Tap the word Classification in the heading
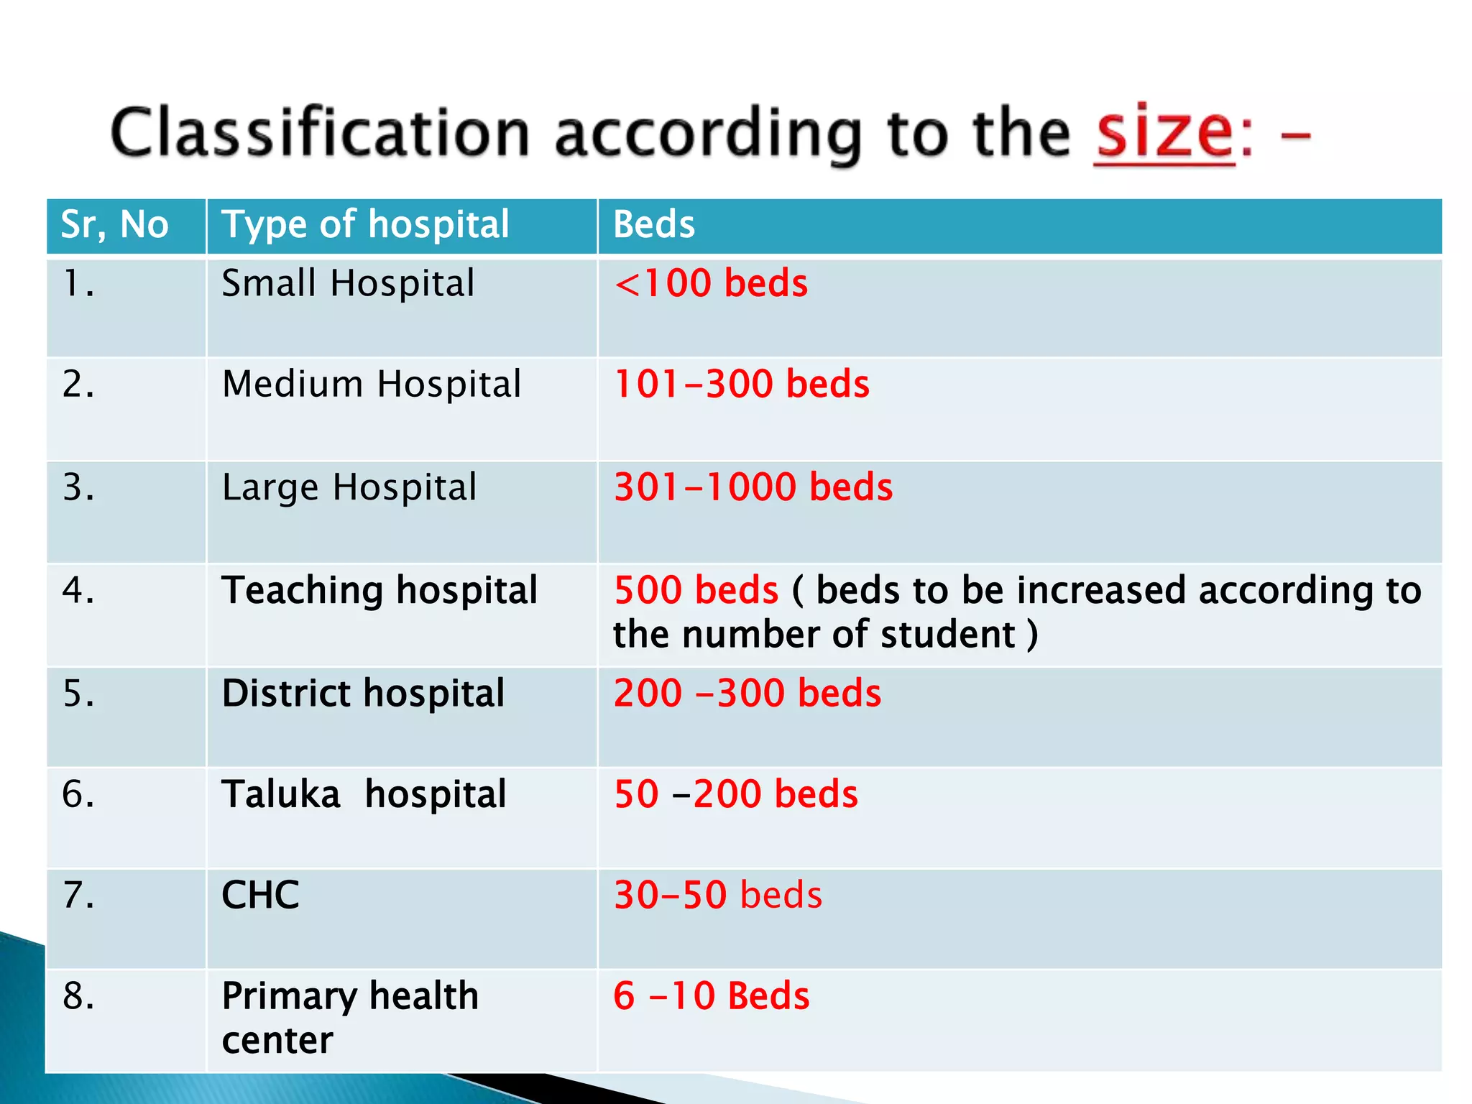click(x=320, y=134)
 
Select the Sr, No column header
click(x=115, y=225)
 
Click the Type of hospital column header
click(x=365, y=225)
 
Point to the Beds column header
click(x=654, y=225)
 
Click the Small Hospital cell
click(x=348, y=283)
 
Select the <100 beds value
click(x=711, y=283)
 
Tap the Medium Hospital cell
click(x=372, y=384)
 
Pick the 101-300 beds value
click(x=741, y=384)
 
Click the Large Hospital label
click(x=349, y=487)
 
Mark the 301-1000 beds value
click(x=753, y=487)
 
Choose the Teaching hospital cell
click(x=379, y=591)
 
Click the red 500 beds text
click(x=696, y=591)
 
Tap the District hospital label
click(x=363, y=694)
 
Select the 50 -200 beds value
click(x=736, y=795)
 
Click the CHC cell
click(x=260, y=896)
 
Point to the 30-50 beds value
click(x=718, y=896)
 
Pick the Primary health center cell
click(x=349, y=1018)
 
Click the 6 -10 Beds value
click(x=711, y=997)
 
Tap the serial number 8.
click(x=78, y=997)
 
